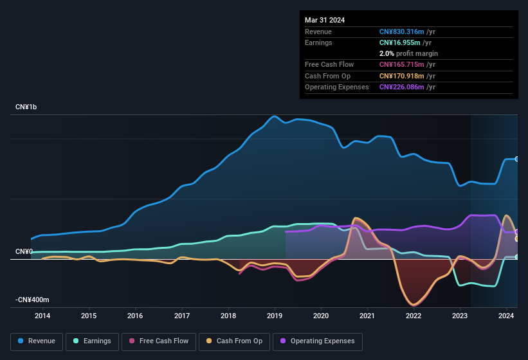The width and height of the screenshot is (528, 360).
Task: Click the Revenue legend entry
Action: click(37, 341)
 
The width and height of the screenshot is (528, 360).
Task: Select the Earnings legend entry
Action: click(92, 341)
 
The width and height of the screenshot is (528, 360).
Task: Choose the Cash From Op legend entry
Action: click(233, 341)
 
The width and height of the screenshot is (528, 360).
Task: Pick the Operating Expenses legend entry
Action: click(318, 341)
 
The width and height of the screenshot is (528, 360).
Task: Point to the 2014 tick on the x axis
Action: click(42, 316)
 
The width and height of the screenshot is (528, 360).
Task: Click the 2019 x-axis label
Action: click(275, 316)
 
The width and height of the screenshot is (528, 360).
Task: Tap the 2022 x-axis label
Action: click(414, 316)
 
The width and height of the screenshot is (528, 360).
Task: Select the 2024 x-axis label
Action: click(506, 316)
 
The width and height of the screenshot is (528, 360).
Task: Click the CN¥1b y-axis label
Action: click(26, 107)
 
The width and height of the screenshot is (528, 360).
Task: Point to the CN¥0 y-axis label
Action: click(24, 251)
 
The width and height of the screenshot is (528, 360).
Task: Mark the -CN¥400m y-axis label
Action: click(33, 300)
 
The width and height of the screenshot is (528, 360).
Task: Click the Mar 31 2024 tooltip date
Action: click(325, 20)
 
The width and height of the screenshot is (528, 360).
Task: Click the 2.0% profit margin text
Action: click(408, 53)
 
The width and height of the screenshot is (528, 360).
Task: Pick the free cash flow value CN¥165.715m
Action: click(403, 64)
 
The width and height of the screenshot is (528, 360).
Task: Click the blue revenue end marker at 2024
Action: click(517, 159)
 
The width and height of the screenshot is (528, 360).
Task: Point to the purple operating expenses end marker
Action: click(517, 231)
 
